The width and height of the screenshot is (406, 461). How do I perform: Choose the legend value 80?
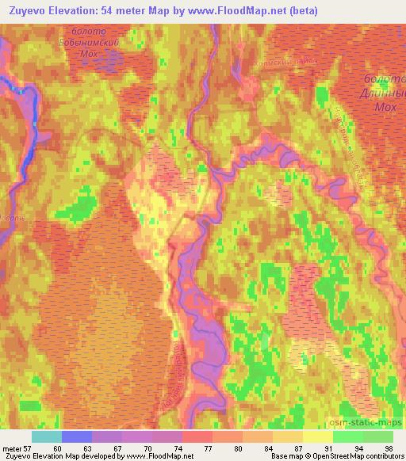pyautogui.click(x=237, y=448)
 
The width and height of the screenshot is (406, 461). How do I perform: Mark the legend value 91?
pyautogui.click(x=327, y=448)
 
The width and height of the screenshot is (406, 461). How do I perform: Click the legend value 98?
pyautogui.click(x=388, y=448)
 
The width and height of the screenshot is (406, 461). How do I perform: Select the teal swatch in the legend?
pyautogui.click(x=47, y=436)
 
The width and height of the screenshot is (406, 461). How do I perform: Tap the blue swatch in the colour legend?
pyautogui.click(x=77, y=436)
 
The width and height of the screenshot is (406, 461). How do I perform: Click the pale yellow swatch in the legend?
pyautogui.click(x=317, y=436)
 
